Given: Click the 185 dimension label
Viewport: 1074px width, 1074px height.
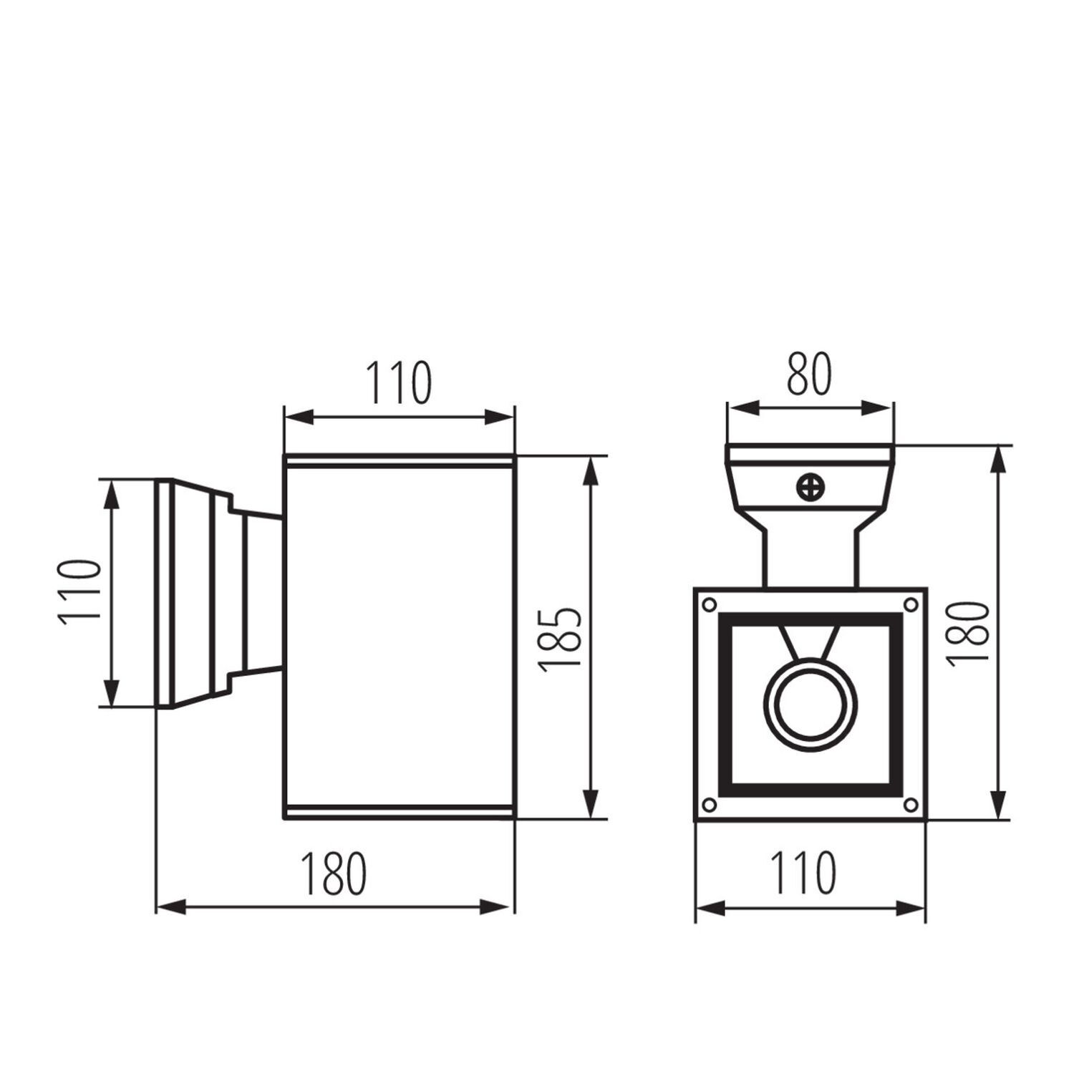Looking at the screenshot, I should click(x=560, y=639).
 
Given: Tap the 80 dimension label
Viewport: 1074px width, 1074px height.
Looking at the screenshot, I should click(x=809, y=374).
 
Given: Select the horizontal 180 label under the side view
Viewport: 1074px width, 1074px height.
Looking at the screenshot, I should click(x=334, y=874).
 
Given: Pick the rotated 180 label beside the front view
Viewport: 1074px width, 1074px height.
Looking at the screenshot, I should click(x=968, y=634).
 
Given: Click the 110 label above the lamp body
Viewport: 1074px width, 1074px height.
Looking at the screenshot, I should click(x=400, y=383).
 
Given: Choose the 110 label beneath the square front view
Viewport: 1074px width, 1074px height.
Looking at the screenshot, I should click(x=803, y=874).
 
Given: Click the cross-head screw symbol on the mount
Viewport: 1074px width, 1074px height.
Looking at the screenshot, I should click(x=811, y=488).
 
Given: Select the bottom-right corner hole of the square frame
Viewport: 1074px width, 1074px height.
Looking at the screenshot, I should click(x=911, y=804).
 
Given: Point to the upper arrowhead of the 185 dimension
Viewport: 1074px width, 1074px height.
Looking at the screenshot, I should click(x=591, y=470).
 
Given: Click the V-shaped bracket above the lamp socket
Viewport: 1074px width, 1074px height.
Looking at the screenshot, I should click(x=810, y=642).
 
